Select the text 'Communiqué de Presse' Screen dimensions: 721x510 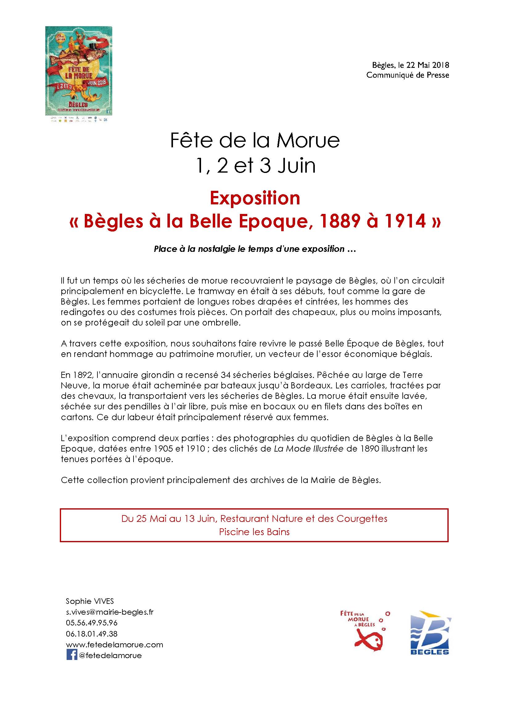pyautogui.click(x=408, y=75)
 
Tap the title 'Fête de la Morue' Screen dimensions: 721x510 pyautogui.click(x=255, y=140)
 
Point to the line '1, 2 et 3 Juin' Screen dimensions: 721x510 pyautogui.click(x=255, y=166)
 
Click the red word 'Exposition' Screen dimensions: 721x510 pyautogui.click(x=255, y=199)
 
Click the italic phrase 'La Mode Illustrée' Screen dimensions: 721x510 pyautogui.click(x=308, y=449)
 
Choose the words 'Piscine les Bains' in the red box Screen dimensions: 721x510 pyautogui.click(x=254, y=532)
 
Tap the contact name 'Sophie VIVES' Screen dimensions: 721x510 pyautogui.click(x=90, y=601)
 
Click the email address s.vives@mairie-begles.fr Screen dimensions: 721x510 pyautogui.click(x=109, y=612)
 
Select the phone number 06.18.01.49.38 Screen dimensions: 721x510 pyautogui.click(x=92, y=633)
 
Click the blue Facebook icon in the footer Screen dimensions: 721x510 pyautogui.click(x=72, y=655)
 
